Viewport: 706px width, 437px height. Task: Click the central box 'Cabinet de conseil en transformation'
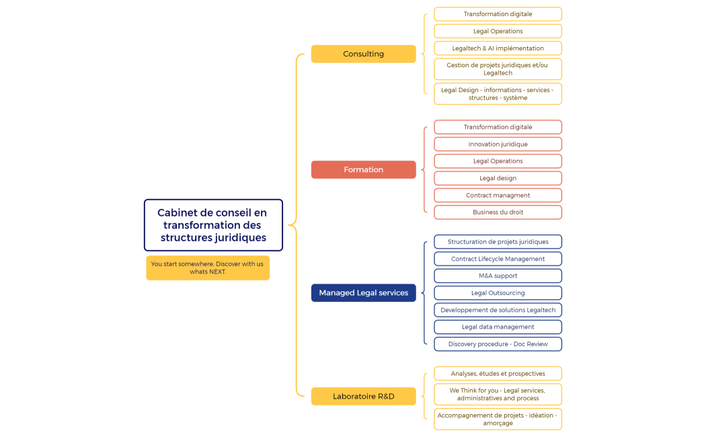213,225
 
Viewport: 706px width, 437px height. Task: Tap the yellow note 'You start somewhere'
207,268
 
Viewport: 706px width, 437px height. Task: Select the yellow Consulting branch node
363,54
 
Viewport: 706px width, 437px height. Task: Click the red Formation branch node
363,169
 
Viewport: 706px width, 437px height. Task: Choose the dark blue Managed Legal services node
363,293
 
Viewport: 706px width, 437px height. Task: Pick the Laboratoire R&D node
363,397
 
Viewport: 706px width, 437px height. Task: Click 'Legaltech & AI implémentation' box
498,48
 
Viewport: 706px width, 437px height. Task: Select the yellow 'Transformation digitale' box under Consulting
498,14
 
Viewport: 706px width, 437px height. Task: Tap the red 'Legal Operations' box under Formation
498,161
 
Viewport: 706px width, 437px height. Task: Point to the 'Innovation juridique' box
498,144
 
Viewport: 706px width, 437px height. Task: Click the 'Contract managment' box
498,196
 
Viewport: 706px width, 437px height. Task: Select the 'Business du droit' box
498,212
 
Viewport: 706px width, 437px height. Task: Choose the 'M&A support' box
498,276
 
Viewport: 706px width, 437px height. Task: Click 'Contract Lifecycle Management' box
498,259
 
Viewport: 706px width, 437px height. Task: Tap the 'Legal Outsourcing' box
498,293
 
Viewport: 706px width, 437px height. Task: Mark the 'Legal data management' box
498,327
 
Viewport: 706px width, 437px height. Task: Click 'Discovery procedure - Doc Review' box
498,344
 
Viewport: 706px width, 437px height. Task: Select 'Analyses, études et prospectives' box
498,374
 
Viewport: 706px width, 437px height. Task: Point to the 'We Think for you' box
498,394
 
